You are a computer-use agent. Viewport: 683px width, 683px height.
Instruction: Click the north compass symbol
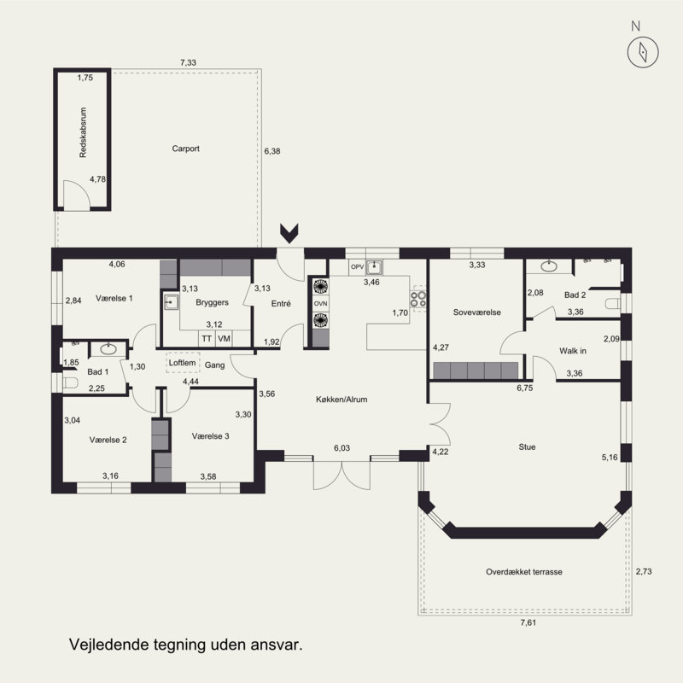[x=643, y=52]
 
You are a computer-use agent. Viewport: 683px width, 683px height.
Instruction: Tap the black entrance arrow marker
[x=289, y=233]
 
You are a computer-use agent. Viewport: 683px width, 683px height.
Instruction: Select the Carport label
[x=185, y=149]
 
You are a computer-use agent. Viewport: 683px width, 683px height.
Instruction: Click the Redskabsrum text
[x=83, y=132]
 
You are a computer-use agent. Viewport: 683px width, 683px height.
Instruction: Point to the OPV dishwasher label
[x=357, y=266]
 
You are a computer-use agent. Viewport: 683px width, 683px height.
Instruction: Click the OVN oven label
[x=321, y=304]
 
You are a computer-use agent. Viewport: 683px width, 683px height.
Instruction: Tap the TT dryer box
[x=207, y=338]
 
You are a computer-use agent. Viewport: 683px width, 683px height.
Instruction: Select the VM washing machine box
[x=225, y=338]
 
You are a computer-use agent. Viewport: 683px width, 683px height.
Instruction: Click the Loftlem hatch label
[x=182, y=363]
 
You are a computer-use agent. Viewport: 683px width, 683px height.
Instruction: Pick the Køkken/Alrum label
[x=341, y=400]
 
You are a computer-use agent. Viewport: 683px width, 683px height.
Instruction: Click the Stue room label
[x=527, y=447]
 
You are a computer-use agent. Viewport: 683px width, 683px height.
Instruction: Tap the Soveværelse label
[x=477, y=312]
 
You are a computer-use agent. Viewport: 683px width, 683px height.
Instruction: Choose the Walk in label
[x=573, y=351]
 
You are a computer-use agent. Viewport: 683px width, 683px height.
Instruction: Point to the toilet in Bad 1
[x=70, y=382]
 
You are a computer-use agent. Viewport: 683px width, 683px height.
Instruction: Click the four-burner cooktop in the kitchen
[x=418, y=300]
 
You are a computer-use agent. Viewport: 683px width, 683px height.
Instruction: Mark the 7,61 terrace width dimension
[x=528, y=622]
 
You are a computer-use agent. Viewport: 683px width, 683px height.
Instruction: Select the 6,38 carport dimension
[x=272, y=151]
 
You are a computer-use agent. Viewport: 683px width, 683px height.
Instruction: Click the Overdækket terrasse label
[x=524, y=572]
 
